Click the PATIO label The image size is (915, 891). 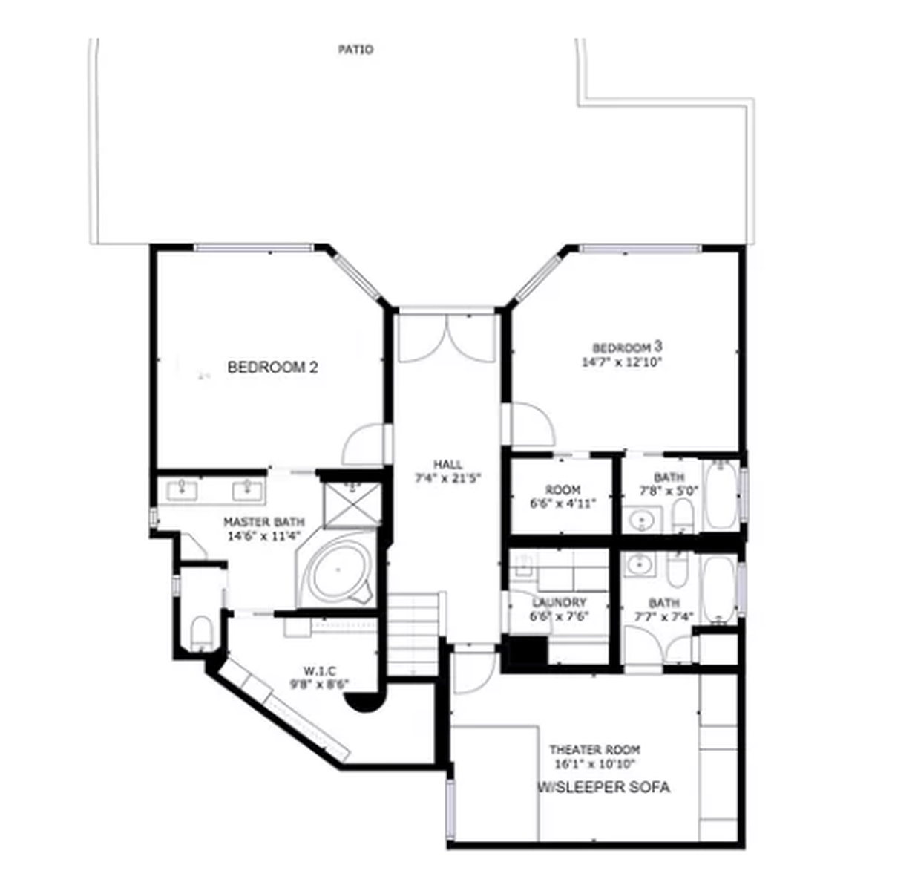(x=356, y=50)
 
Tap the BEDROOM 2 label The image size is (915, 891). (x=272, y=367)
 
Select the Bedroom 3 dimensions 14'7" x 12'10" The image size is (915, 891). (x=622, y=362)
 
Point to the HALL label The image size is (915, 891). (x=447, y=465)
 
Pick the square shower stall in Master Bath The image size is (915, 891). (x=352, y=505)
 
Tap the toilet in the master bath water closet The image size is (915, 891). (x=202, y=633)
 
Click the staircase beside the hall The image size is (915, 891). (x=413, y=633)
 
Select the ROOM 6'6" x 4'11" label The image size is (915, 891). (x=563, y=497)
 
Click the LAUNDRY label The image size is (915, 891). (x=560, y=602)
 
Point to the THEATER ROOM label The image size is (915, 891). (x=595, y=750)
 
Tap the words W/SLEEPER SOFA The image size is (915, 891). (x=604, y=787)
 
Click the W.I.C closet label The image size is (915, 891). (x=320, y=670)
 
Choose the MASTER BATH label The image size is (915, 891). (x=263, y=522)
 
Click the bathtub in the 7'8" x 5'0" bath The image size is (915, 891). (x=721, y=494)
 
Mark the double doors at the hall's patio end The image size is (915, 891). (x=447, y=338)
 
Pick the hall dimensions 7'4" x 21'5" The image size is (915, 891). (x=448, y=479)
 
